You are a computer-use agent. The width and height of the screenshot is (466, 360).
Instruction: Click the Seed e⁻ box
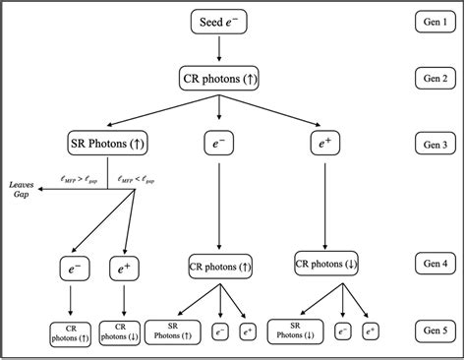click(218, 22)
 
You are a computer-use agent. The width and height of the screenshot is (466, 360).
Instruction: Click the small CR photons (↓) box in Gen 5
click(121, 332)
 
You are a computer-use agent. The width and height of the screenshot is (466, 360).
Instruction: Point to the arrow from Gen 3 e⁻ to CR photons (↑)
click(219, 204)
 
